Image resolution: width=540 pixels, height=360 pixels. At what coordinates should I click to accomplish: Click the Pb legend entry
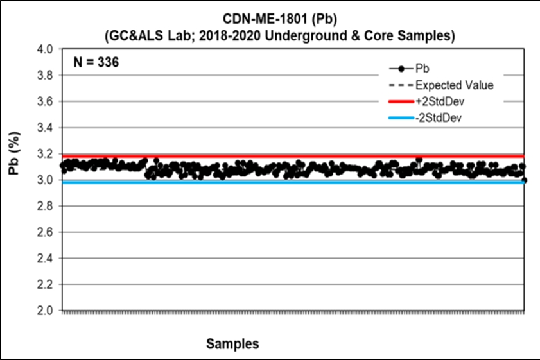423,69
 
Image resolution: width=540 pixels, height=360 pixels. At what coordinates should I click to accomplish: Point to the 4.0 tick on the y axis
46,49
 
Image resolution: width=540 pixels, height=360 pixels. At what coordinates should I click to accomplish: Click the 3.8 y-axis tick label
46,75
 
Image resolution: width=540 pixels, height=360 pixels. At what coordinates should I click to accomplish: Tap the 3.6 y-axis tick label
46,101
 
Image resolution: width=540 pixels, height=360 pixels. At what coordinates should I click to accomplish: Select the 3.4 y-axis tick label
46,128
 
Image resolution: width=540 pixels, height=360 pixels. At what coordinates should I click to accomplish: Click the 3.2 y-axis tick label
46,153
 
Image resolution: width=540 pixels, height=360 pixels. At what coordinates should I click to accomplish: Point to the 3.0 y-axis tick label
46,180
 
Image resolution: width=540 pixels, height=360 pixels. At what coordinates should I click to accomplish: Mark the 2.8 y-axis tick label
46,206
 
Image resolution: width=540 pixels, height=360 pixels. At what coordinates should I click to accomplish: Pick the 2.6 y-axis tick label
46,232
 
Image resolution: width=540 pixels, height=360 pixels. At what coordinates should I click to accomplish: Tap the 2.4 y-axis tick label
46,258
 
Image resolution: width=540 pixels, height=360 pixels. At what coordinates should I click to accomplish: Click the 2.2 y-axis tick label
46,284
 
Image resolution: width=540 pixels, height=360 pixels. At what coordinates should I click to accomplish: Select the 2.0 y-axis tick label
46,311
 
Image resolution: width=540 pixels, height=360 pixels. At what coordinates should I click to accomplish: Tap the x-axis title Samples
232,344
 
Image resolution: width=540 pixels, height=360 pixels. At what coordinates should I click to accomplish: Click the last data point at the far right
525,180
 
